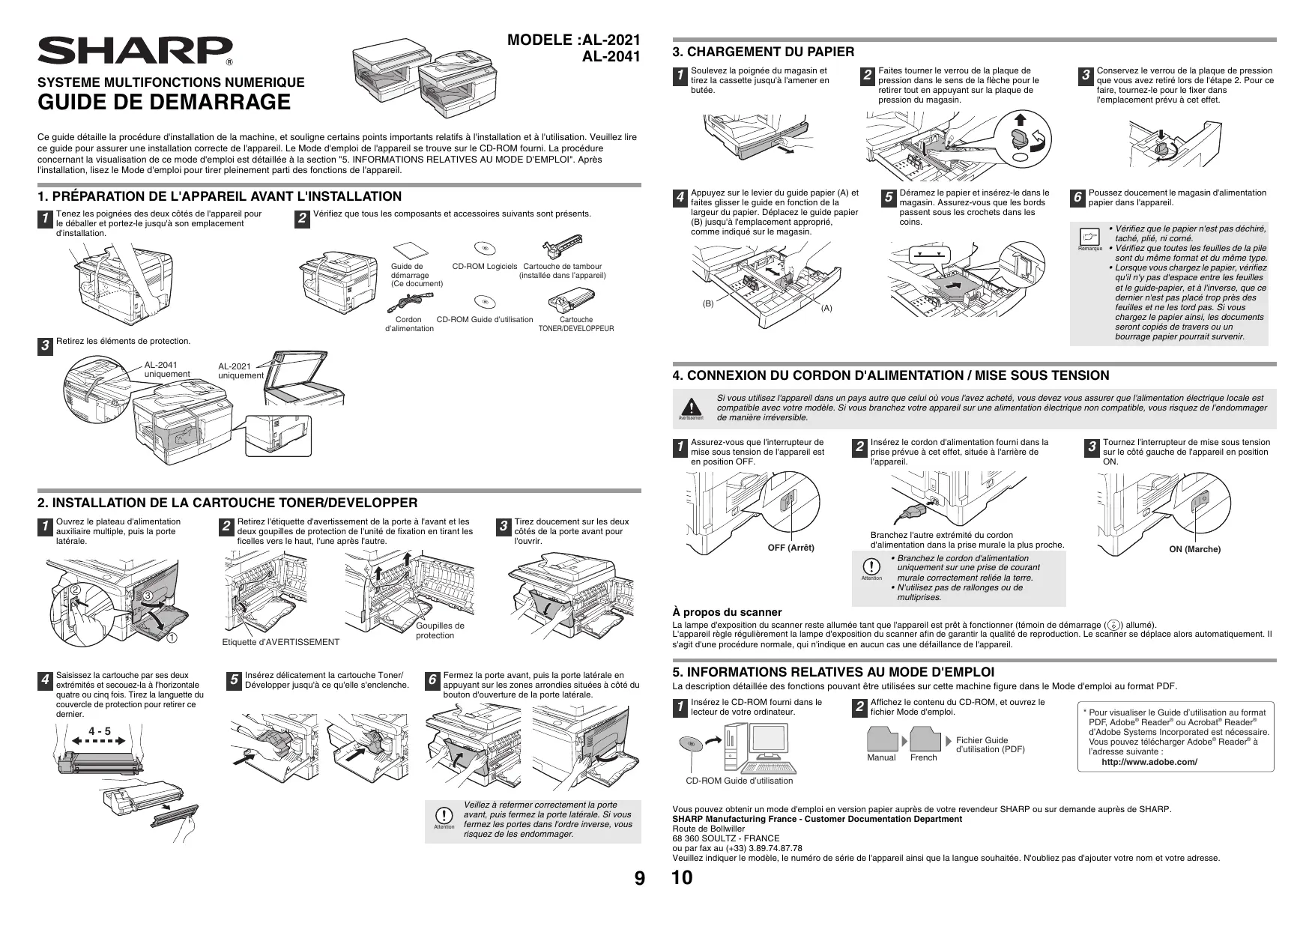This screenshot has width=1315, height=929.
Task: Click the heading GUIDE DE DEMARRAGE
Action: tap(164, 102)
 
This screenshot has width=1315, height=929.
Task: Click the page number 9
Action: tap(638, 878)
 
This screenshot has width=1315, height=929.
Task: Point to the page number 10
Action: tap(683, 878)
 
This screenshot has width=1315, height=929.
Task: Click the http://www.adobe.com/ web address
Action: tap(1149, 762)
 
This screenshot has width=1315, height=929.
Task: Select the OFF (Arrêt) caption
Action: tap(790, 548)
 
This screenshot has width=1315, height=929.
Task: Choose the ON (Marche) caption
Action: tap(1194, 549)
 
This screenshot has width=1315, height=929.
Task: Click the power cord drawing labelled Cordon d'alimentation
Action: tap(409, 302)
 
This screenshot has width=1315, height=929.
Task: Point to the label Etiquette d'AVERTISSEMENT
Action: tap(281, 642)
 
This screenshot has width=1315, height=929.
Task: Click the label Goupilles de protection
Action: tap(440, 631)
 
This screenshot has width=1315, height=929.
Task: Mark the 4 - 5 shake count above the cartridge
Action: tap(99, 730)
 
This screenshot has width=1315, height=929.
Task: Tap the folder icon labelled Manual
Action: tap(882, 740)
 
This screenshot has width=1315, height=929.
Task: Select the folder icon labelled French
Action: tap(924, 740)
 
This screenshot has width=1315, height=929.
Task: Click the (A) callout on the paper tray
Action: tap(826, 308)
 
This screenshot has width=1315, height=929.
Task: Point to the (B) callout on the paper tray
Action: tap(708, 303)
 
